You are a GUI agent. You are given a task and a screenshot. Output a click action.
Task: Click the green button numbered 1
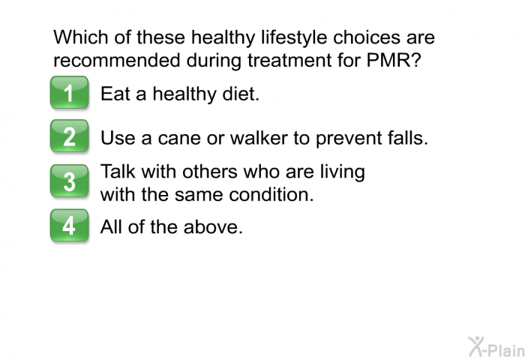[69, 94]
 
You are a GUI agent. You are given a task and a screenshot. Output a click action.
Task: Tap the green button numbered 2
[69, 137]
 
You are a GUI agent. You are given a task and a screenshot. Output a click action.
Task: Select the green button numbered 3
[69, 181]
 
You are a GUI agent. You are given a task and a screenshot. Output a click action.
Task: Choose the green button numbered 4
[69, 225]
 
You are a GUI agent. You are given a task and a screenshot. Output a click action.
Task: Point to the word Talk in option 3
[118, 172]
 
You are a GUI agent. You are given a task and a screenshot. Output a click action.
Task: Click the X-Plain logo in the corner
[493, 346]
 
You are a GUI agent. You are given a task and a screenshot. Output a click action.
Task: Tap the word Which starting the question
[79, 38]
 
